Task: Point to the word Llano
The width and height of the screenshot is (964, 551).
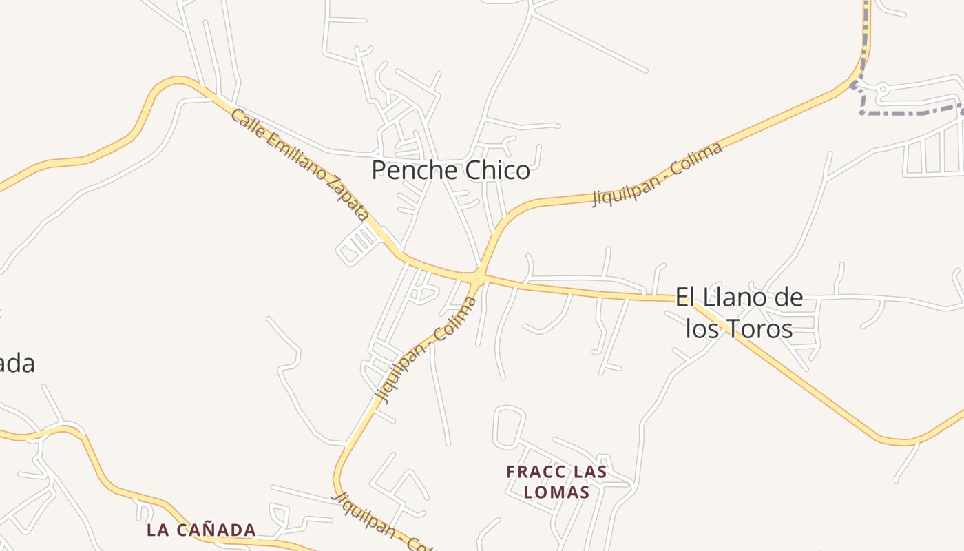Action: point(727,298)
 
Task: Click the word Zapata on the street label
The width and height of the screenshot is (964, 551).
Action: point(348,198)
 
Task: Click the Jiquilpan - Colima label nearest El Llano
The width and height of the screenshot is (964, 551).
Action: point(658,174)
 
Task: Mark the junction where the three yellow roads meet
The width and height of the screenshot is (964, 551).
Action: point(479,278)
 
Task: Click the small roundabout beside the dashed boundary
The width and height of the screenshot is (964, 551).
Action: point(883,88)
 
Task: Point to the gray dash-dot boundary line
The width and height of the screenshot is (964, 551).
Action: point(909,112)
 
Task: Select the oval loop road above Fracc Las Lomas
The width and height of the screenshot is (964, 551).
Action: point(509,425)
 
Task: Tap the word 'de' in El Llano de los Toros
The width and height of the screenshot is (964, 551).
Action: point(786,298)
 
